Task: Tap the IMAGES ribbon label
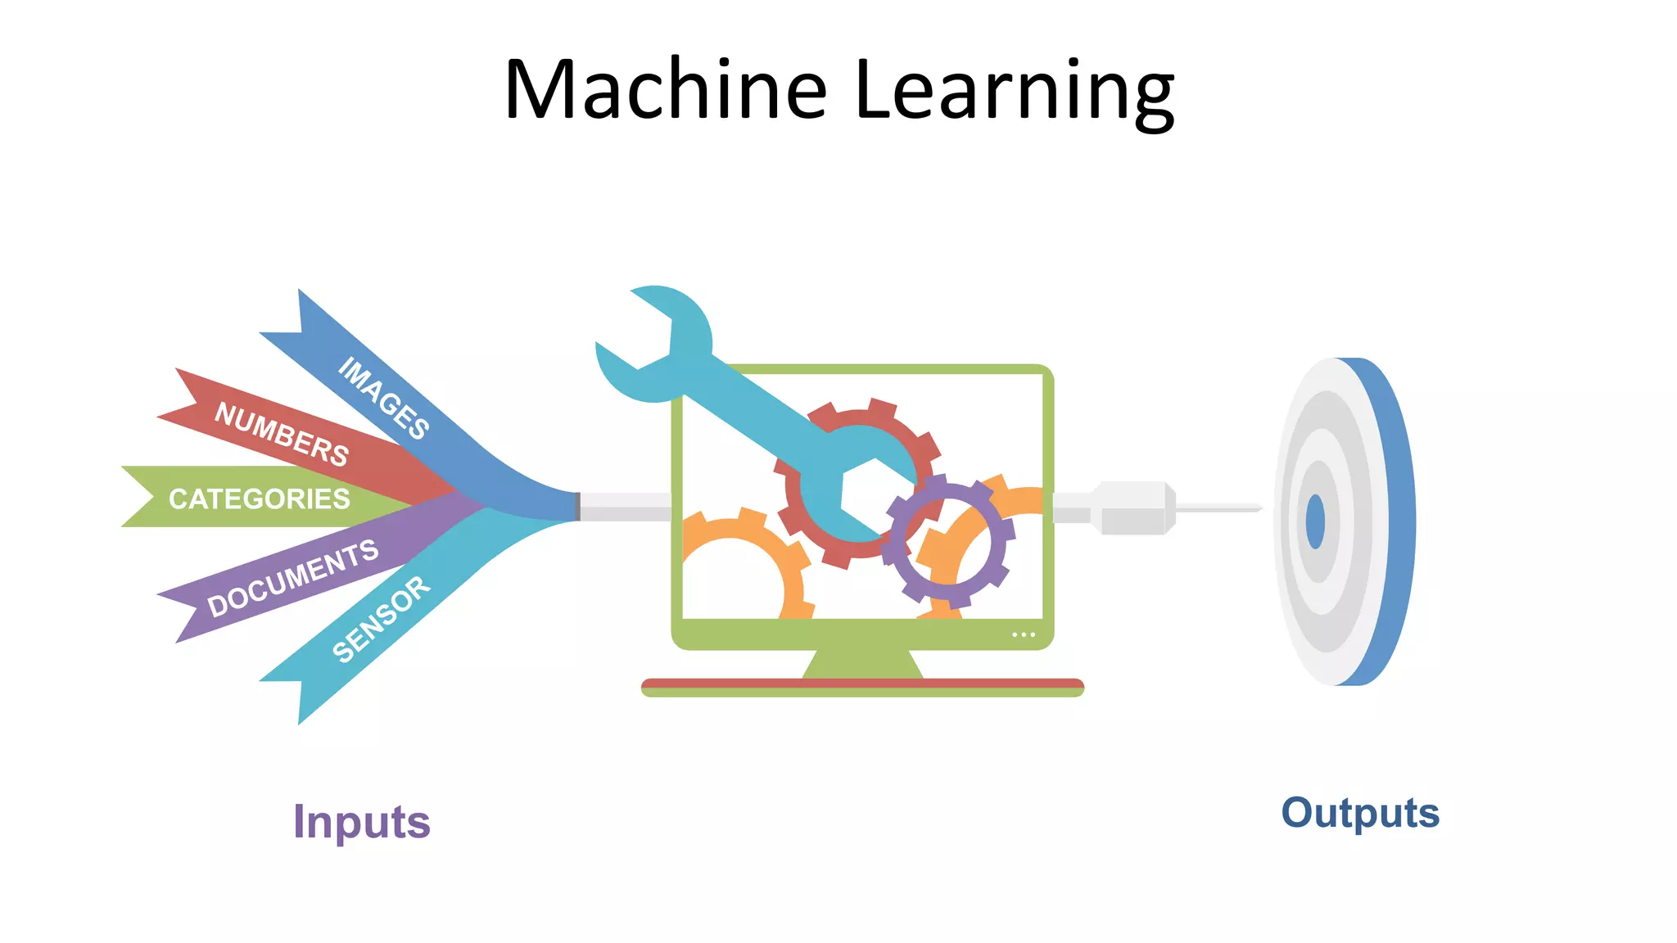383,398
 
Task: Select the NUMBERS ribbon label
282,434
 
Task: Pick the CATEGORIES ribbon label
259,499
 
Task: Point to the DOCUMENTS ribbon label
292,578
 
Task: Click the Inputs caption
361,822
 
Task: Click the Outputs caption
1360,813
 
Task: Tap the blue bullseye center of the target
1315,521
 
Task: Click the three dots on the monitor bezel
1023,634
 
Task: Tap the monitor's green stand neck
862,664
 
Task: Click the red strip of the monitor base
862,683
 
